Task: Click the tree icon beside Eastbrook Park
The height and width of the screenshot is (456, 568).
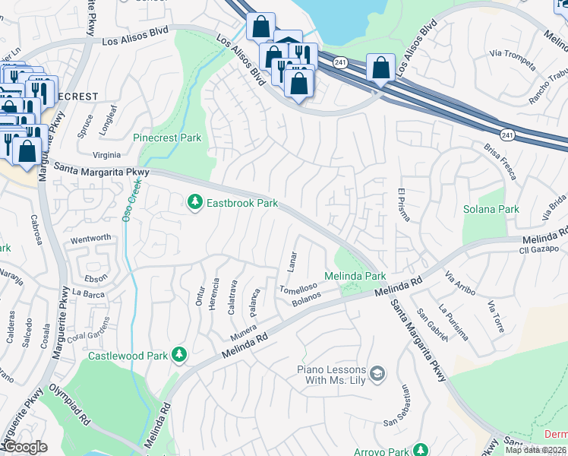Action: tap(195, 203)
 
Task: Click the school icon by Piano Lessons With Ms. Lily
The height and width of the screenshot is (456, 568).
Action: tap(377, 373)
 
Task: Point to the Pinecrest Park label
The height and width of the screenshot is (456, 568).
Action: tap(167, 138)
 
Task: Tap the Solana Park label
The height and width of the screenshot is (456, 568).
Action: tap(491, 209)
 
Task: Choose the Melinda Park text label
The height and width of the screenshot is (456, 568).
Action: tap(355, 276)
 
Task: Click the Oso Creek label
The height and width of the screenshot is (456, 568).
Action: tap(127, 200)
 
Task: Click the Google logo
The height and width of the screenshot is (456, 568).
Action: tap(25, 447)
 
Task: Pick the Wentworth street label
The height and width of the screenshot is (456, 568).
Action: tap(90, 238)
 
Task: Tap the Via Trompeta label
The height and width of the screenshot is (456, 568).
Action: tap(509, 53)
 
